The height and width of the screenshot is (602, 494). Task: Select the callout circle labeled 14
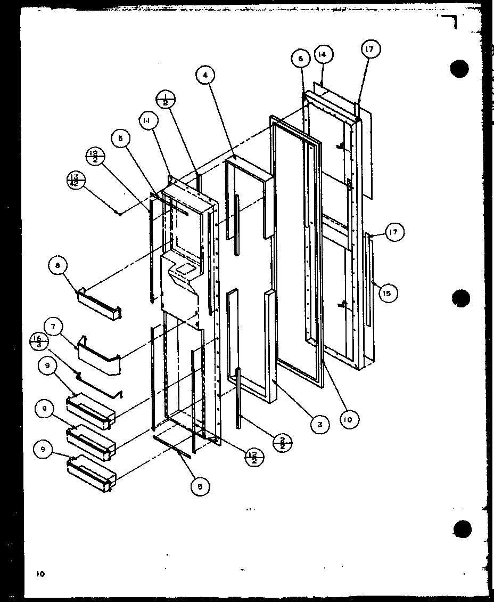click(x=323, y=54)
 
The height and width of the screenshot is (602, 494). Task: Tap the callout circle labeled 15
click(x=388, y=293)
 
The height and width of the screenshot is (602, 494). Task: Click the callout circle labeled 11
click(x=146, y=121)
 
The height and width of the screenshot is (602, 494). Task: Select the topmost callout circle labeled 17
click(x=370, y=50)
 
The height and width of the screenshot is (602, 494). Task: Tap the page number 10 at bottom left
click(x=39, y=574)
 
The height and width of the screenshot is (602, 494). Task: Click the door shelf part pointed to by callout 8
click(x=100, y=305)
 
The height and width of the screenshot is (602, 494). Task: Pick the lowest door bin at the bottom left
click(x=90, y=475)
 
